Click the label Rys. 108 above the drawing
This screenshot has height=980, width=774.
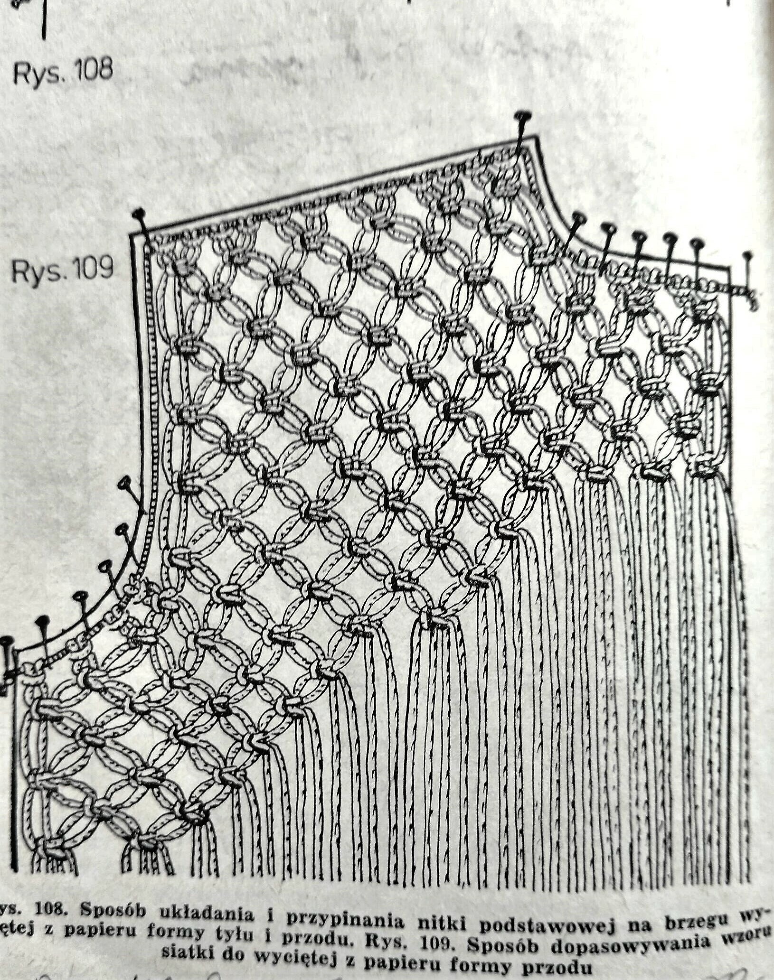tap(63, 71)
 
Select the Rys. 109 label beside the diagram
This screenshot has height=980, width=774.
tap(62, 270)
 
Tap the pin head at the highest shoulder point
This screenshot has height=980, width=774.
tap(523, 115)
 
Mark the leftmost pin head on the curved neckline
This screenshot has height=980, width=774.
tap(579, 217)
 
